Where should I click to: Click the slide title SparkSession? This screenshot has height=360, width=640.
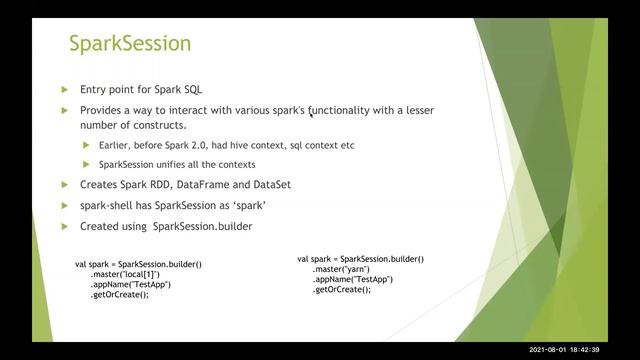click(x=129, y=44)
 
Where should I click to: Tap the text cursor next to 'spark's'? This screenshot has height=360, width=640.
click(x=310, y=111)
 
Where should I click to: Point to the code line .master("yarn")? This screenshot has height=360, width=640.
click(x=341, y=269)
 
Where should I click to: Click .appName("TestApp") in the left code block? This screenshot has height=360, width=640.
click(x=130, y=284)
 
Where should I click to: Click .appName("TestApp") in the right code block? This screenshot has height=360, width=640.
click(x=352, y=279)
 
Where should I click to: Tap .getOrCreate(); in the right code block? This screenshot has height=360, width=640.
click(x=341, y=289)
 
